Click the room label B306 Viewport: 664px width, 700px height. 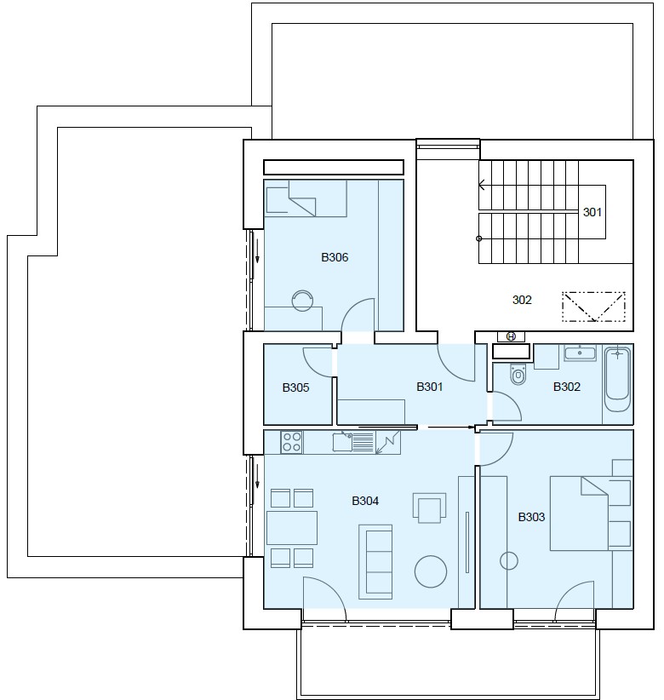[335, 257]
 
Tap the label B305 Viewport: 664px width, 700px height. [296, 387]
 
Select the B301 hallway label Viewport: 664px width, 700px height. [430, 387]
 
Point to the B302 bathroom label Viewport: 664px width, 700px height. [567, 387]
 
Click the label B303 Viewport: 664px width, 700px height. [531, 517]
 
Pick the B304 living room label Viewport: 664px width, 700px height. [365, 501]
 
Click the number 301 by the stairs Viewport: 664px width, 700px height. [592, 212]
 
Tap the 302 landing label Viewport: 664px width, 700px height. [522, 300]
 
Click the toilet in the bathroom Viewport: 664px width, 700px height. [518, 374]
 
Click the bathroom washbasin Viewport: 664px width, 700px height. [580, 353]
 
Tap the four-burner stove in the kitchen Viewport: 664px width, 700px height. [291, 443]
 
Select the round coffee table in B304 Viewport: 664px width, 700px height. [431, 571]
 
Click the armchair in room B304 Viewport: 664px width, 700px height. [429, 508]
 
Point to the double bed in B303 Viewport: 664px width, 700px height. [579, 514]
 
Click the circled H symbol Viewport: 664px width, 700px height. [511, 336]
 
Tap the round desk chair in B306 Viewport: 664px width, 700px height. [302, 301]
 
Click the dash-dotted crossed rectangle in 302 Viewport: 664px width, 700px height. [593, 307]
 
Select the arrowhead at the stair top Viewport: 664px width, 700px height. [482, 185]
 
